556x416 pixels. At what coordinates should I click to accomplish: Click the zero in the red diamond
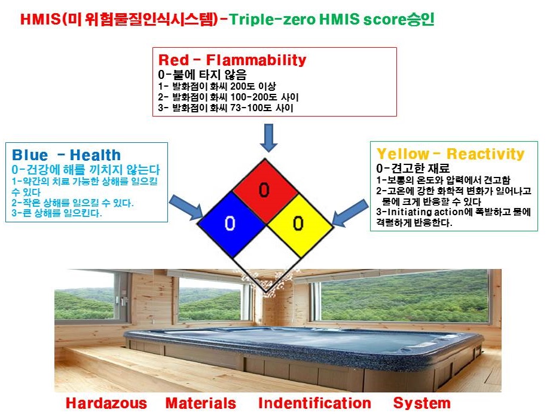[264, 189]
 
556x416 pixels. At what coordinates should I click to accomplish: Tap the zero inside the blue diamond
[230, 223]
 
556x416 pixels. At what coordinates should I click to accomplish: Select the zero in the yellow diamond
[298, 223]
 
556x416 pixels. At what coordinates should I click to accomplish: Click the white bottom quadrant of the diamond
[266, 269]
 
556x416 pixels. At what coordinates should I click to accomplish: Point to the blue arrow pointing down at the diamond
[268, 137]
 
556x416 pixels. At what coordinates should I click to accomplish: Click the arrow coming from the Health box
[187, 207]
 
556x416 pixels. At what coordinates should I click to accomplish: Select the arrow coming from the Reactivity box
[350, 213]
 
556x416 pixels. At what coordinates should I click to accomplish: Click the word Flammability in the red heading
[256, 60]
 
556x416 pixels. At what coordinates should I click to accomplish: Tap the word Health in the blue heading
[95, 155]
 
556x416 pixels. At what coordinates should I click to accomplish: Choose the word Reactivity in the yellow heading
[485, 154]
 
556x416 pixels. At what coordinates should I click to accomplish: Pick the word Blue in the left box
[30, 155]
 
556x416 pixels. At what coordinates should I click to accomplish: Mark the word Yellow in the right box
[403, 154]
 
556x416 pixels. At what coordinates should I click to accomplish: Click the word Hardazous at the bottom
[106, 403]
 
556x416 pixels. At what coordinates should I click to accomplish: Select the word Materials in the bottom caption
[201, 403]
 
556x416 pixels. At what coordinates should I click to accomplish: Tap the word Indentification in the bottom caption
[315, 403]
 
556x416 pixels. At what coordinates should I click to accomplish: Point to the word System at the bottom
[422, 403]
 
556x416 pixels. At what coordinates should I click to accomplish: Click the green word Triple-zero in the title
[272, 19]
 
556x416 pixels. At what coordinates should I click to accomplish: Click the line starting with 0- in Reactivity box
[413, 168]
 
